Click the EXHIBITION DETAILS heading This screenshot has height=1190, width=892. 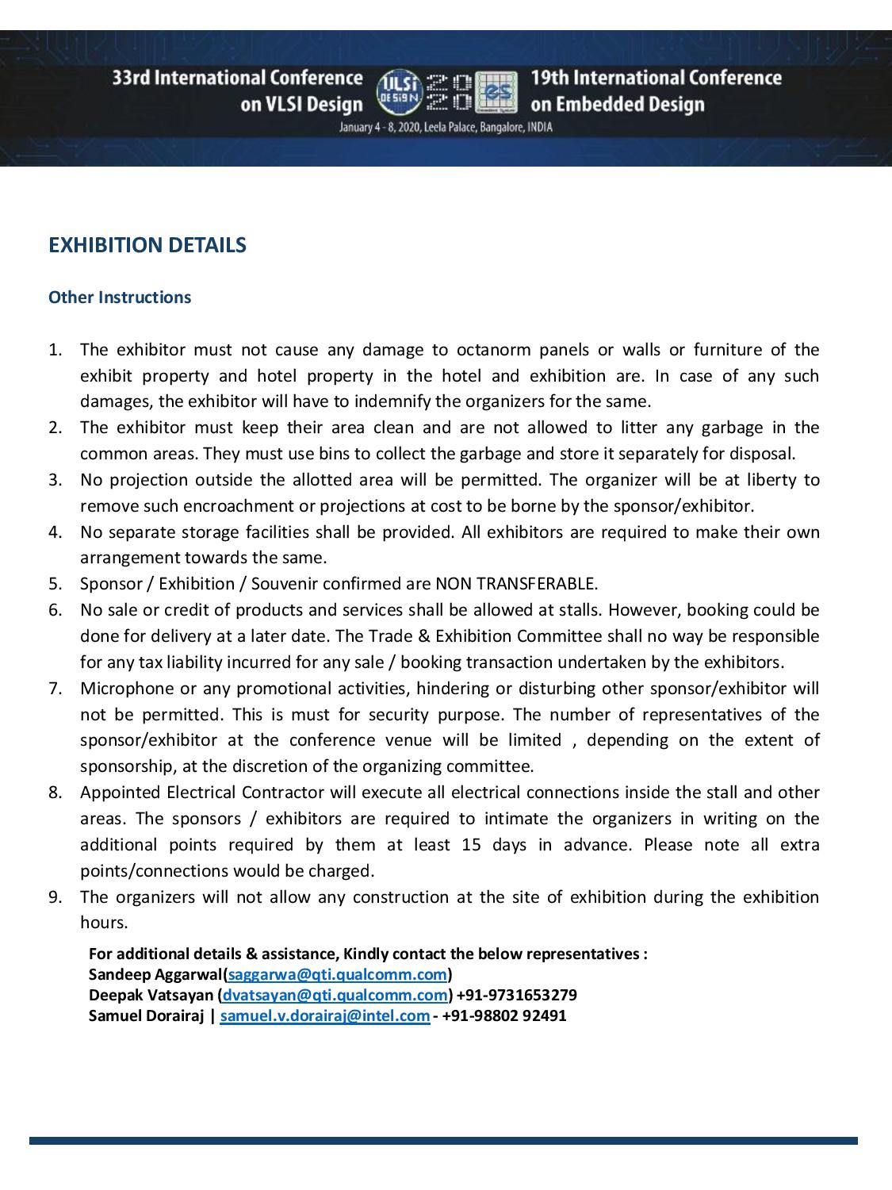click(x=147, y=245)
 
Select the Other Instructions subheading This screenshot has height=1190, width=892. click(x=120, y=297)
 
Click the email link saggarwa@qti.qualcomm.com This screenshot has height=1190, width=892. click(x=338, y=974)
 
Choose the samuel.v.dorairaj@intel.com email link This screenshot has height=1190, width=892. click(x=325, y=1015)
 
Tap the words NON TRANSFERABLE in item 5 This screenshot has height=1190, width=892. click(x=516, y=584)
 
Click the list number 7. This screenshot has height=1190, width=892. click(x=55, y=689)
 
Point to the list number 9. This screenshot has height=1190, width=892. click(x=55, y=897)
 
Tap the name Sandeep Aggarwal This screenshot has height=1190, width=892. click(x=156, y=974)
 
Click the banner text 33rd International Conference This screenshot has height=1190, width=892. click(x=238, y=78)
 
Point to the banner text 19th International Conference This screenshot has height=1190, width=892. click(x=656, y=78)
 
